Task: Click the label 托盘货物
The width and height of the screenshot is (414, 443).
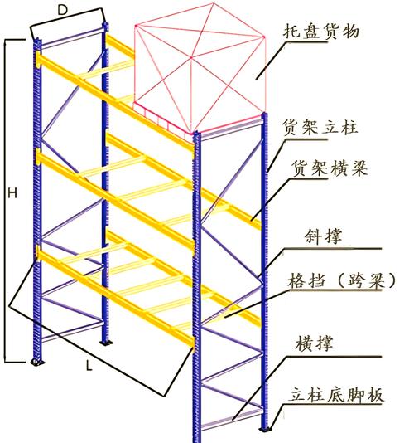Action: pos(321,32)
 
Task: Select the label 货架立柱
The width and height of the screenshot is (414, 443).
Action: pos(320,127)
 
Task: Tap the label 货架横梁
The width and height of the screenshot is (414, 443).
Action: pos(330,168)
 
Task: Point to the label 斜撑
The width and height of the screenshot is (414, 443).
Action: pos(323,236)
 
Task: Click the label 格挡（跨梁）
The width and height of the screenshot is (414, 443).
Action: pos(342,280)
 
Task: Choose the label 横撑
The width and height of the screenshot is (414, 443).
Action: pos(314,343)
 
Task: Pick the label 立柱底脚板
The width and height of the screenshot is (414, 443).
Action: pos(336,394)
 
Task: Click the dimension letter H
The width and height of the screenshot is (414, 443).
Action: pos(12,193)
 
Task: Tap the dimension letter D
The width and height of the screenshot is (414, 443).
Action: pos(62,11)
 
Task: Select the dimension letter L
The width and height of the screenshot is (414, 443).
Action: pos(89,366)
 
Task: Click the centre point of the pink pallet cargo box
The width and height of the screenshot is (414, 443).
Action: pos(191,58)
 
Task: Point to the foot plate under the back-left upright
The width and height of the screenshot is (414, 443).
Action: pos(106,343)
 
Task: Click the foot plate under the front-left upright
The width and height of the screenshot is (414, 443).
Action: pos(36,362)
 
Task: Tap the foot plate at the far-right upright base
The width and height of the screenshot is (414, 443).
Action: pos(265,430)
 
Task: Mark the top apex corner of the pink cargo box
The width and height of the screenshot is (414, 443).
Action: pos(214,3)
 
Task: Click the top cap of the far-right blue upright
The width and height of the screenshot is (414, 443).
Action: pos(264,114)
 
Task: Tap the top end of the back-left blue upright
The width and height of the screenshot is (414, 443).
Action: pos(105,25)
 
